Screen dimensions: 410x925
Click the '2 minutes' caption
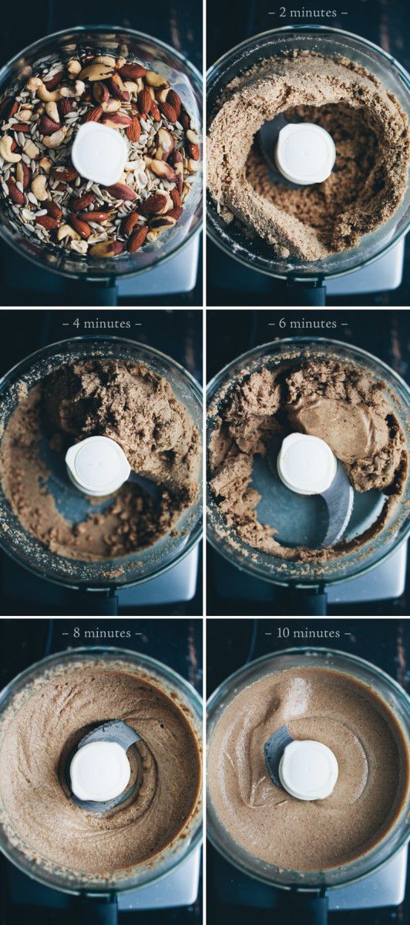[x=308, y=12]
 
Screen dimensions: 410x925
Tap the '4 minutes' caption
[x=102, y=323]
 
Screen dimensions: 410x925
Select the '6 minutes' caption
[x=308, y=323]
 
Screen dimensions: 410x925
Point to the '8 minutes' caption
[x=102, y=633]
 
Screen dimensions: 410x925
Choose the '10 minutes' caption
[x=308, y=633]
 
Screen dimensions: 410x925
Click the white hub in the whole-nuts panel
[x=99, y=153]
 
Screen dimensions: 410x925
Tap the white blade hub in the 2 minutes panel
[x=306, y=153]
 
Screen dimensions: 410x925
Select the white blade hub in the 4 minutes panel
[x=98, y=466]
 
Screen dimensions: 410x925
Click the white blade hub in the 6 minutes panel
[x=307, y=463]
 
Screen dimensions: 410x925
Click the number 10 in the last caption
[x=284, y=633]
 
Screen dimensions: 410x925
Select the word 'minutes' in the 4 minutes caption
[x=107, y=323]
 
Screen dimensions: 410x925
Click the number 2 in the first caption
[x=282, y=13]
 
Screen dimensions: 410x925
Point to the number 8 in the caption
[x=77, y=633]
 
